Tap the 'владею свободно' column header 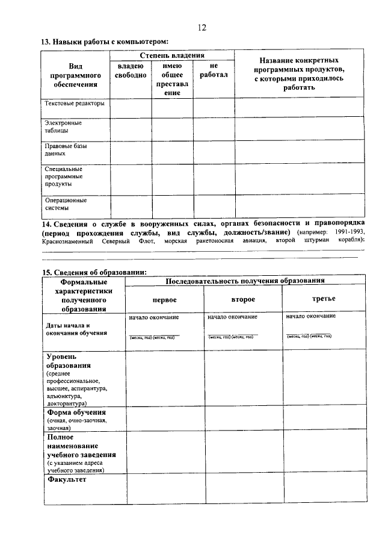point(130,70)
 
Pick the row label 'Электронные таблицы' point(63,126)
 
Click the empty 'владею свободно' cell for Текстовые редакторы point(130,108)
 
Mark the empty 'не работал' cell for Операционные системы point(214,205)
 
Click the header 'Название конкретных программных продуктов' point(299,74)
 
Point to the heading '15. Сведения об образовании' point(94,272)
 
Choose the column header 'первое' point(164,299)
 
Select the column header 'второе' point(243,299)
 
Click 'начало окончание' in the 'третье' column point(311,316)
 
